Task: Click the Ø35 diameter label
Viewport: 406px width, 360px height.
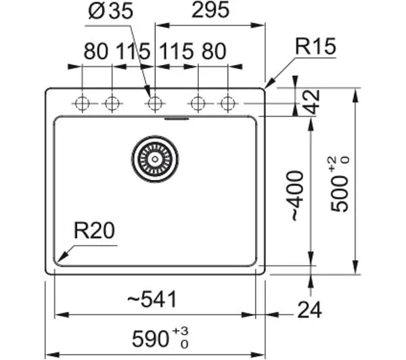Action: [110, 11]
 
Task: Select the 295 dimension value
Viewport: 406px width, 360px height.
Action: [210, 10]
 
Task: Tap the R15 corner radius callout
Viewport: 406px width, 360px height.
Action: [315, 47]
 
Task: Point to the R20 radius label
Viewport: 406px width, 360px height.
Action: [94, 230]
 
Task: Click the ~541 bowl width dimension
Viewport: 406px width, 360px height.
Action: [152, 299]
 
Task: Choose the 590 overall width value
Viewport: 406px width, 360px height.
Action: [150, 339]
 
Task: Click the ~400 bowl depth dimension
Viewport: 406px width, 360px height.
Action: [295, 196]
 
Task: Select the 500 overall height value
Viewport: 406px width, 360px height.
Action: [340, 194]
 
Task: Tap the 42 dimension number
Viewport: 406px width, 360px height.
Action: [311, 102]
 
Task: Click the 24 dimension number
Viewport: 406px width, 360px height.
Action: [310, 309]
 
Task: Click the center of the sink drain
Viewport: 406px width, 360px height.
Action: [155, 159]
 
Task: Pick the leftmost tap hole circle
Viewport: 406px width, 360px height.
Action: [82, 104]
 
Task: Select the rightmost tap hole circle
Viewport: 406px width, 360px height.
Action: [228, 104]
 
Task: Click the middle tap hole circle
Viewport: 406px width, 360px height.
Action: [155, 104]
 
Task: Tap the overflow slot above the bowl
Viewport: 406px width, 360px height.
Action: [177, 119]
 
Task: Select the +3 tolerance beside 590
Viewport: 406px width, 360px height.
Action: [180, 331]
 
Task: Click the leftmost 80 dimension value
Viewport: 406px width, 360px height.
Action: [95, 51]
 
